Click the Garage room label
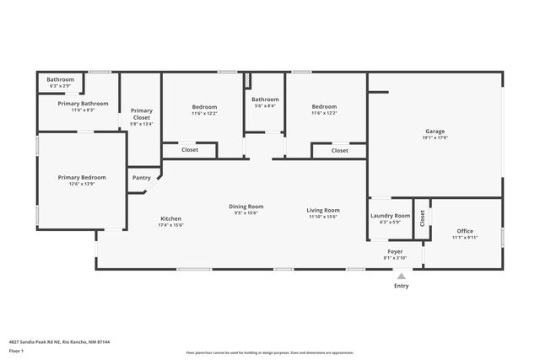[x=435, y=132]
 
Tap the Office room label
[x=465, y=231]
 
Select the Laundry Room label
[x=390, y=216]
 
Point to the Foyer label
[x=395, y=251]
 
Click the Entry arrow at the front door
[x=401, y=275]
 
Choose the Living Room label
[x=323, y=210]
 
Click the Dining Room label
[x=246, y=207]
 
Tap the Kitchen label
[x=170, y=218]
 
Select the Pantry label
[x=142, y=177]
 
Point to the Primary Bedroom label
[x=82, y=177]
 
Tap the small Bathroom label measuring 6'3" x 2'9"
[x=60, y=86]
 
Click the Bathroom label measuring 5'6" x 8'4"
[x=265, y=105]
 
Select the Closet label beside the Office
[x=422, y=217]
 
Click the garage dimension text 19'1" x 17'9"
[x=435, y=139]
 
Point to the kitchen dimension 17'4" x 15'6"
[x=170, y=225]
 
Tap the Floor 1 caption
[x=16, y=350]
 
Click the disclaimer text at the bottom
[x=270, y=352]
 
